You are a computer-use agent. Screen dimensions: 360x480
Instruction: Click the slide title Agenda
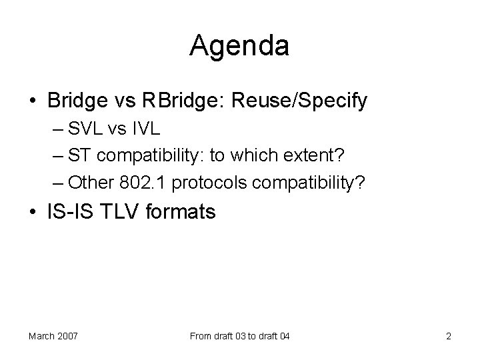(x=239, y=45)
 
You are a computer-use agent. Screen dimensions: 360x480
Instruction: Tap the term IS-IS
(x=67, y=212)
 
